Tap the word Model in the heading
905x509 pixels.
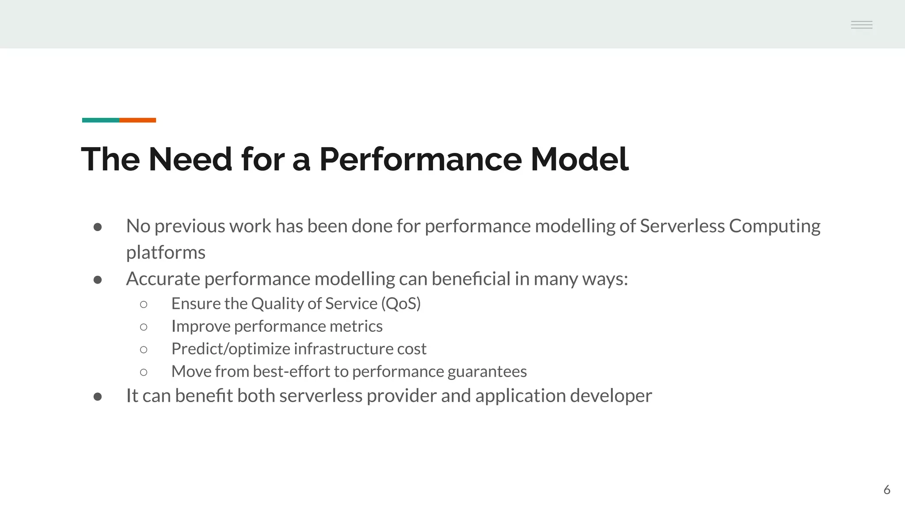click(x=579, y=159)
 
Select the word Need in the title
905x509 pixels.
click(x=190, y=159)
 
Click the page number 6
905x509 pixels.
click(x=886, y=490)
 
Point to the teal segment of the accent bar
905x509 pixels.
click(x=100, y=120)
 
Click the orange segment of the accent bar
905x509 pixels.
click(x=137, y=120)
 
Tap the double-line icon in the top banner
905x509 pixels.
click(x=861, y=25)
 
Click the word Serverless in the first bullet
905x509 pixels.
click(x=682, y=226)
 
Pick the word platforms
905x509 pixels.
click(x=166, y=253)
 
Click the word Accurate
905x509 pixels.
click(x=163, y=279)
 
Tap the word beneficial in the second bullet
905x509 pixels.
click(x=471, y=279)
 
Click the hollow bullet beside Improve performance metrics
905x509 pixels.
click(x=143, y=327)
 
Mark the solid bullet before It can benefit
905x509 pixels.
click(x=98, y=396)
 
